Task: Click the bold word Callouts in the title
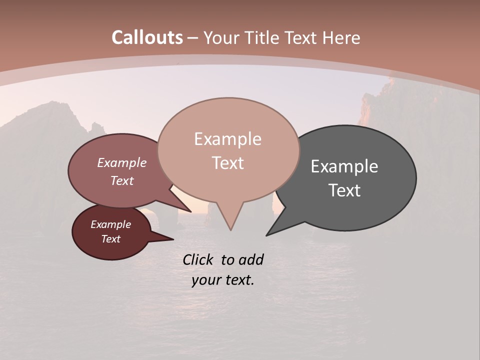147,37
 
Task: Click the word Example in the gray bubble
344,166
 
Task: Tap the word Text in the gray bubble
344,190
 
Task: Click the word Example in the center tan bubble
227,139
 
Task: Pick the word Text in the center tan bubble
227,163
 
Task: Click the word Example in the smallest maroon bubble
110,224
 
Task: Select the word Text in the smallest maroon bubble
110,239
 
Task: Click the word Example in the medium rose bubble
122,163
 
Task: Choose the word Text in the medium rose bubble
122,180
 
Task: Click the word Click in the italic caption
198,259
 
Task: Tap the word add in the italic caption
251,259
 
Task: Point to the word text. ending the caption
238,280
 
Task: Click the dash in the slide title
193,38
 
